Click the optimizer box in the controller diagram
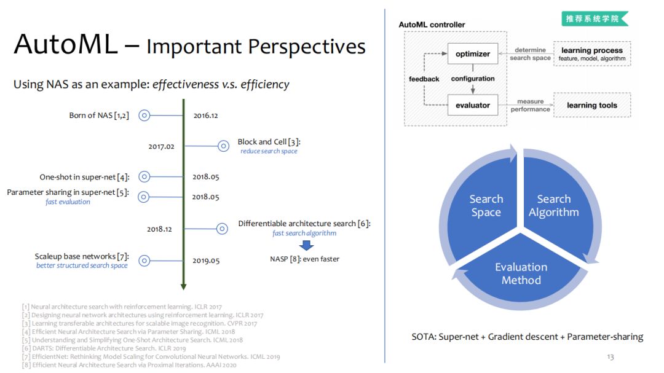click(x=473, y=54)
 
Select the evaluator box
click(x=473, y=105)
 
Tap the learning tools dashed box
click(x=591, y=105)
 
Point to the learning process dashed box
click(x=591, y=54)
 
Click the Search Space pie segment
click(x=486, y=205)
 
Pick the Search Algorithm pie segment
click(x=554, y=205)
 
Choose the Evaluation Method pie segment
click(x=521, y=273)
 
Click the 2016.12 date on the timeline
click(x=206, y=115)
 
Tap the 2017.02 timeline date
click(x=162, y=146)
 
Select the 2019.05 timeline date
click(x=206, y=261)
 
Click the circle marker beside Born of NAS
click(x=144, y=115)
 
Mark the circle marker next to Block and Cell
click(x=223, y=146)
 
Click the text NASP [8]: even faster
click(x=304, y=259)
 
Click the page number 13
click(x=610, y=357)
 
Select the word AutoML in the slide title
click(x=65, y=44)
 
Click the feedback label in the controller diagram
click(x=424, y=79)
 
